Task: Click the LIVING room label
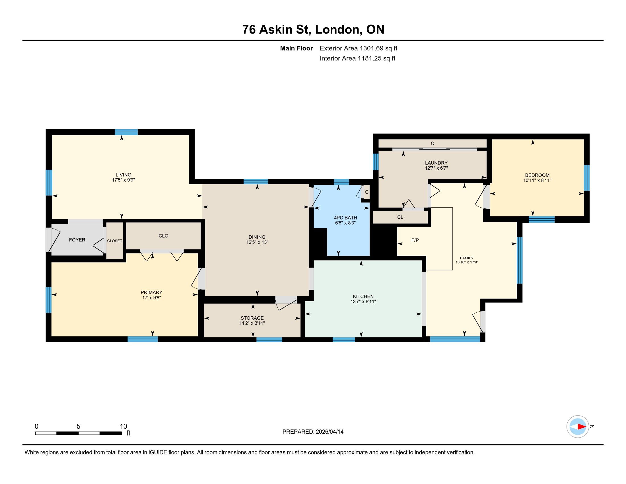(123, 175)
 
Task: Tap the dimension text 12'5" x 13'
(257, 242)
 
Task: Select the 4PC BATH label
(345, 218)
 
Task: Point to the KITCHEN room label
(363, 296)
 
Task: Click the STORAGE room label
(252, 318)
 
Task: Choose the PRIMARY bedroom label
(151, 292)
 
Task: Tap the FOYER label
(77, 240)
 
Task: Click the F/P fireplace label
(415, 240)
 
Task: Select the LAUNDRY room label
(436, 163)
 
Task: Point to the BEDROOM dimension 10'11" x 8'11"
(537, 180)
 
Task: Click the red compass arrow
(582, 426)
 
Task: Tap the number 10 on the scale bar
(123, 426)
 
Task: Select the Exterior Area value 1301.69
(371, 48)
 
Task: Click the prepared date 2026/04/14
(329, 432)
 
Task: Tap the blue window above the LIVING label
(126, 132)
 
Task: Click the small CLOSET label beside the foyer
(115, 241)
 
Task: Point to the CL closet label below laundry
(400, 217)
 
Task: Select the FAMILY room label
(467, 258)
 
